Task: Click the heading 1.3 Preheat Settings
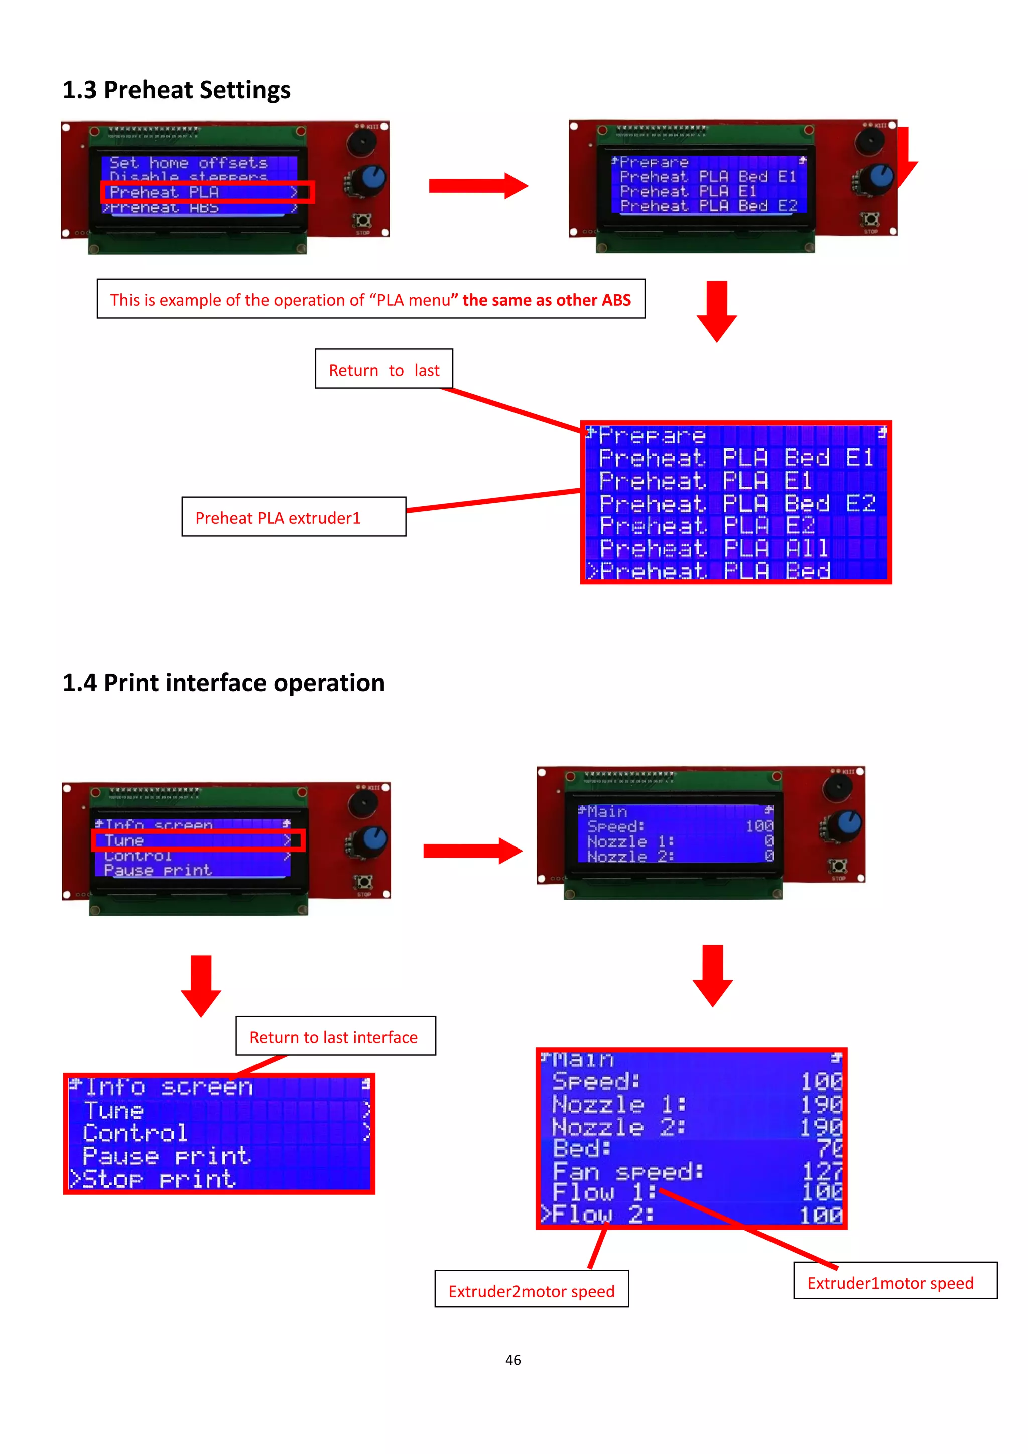(x=176, y=90)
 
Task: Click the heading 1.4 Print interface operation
(x=223, y=683)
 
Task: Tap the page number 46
(x=512, y=1360)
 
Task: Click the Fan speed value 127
(x=822, y=1171)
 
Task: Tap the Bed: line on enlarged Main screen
(x=582, y=1148)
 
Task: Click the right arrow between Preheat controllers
(x=478, y=186)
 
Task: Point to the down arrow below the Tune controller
(x=201, y=986)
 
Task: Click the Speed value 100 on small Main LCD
(x=758, y=826)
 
